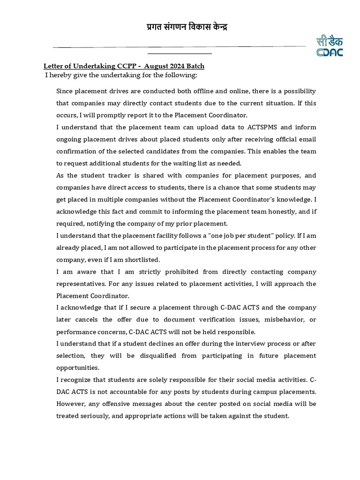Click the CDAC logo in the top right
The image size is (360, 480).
click(329, 45)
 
